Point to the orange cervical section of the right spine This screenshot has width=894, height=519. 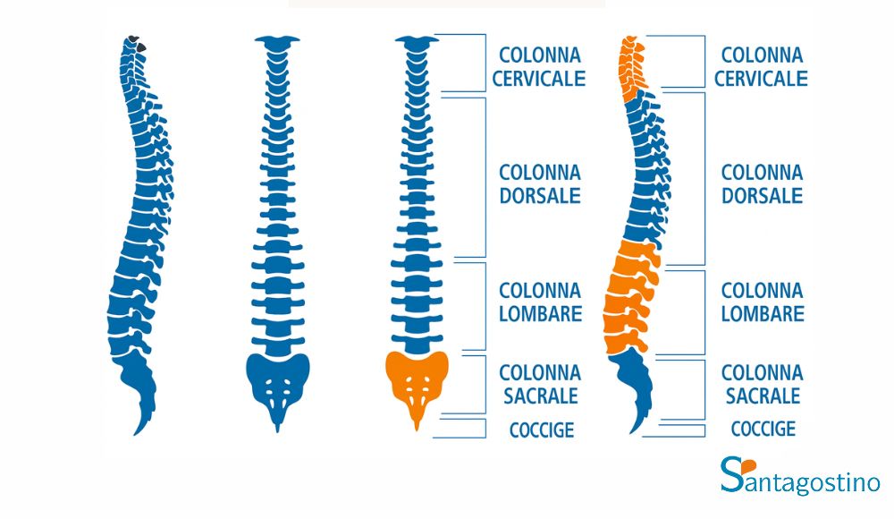[x=632, y=67]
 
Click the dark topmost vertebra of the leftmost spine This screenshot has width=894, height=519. [x=137, y=41]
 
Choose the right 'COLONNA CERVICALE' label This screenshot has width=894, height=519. [x=761, y=67]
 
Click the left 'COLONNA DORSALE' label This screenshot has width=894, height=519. [x=539, y=183]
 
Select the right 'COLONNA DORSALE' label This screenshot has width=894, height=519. [x=762, y=183]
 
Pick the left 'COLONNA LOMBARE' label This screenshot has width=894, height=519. [x=540, y=302]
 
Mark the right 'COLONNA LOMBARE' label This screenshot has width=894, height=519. [x=762, y=302]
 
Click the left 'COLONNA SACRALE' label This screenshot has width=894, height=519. [x=539, y=383]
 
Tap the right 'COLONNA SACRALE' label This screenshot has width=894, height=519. [x=762, y=383]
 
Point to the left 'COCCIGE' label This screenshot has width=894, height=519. [x=542, y=430]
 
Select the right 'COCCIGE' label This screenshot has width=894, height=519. [x=763, y=429]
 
